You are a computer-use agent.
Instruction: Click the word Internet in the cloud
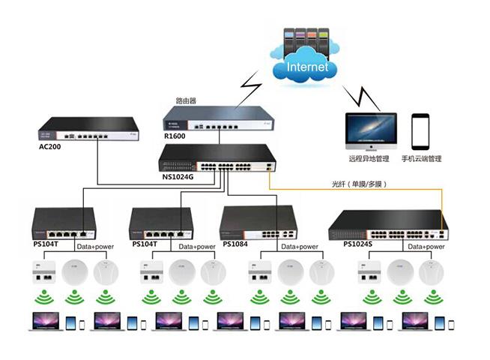coord(306,67)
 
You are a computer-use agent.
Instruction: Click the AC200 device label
coord(49,146)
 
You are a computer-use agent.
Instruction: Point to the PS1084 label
coord(235,244)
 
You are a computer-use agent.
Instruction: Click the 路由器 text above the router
coord(187,100)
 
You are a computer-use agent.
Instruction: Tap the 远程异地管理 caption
coord(369,158)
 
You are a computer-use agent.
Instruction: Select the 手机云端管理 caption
coord(421,158)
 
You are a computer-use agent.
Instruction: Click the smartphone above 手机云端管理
coord(420,131)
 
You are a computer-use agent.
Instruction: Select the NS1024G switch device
coord(217,157)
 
